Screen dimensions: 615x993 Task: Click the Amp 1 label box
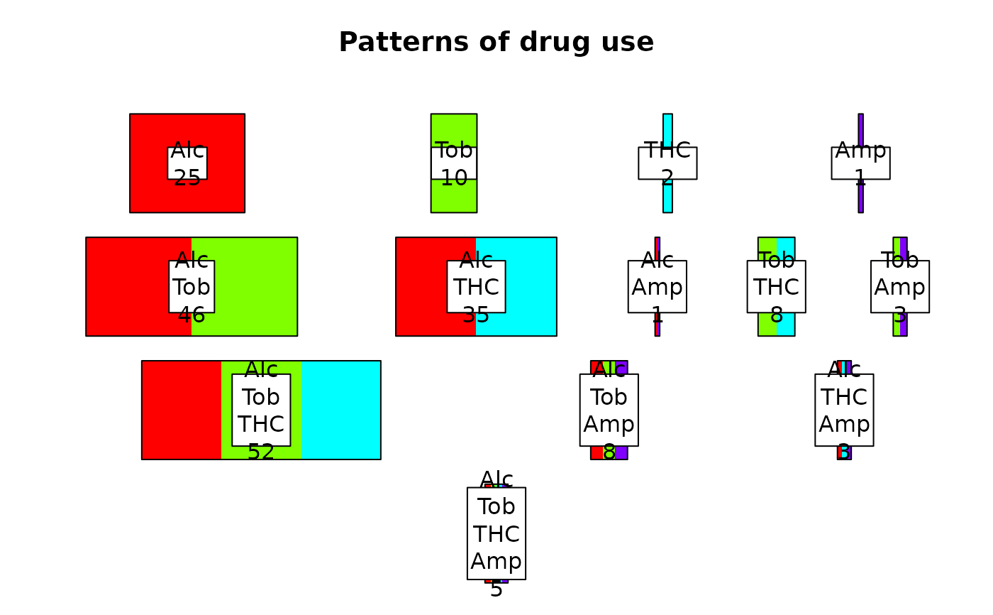click(x=860, y=163)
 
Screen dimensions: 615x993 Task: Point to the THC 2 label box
click(x=667, y=163)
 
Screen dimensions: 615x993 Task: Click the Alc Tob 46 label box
click(x=192, y=286)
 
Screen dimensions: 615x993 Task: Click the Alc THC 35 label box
click(x=476, y=286)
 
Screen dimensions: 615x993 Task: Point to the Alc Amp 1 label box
click(x=658, y=286)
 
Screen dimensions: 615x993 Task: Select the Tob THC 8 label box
click(x=776, y=286)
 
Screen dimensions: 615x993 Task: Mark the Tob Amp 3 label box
click(x=900, y=286)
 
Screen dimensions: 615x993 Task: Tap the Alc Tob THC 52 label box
click(x=261, y=410)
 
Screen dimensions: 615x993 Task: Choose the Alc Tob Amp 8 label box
click(x=609, y=410)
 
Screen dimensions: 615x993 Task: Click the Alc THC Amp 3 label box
click(x=844, y=410)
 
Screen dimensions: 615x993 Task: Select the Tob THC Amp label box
click(x=496, y=533)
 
